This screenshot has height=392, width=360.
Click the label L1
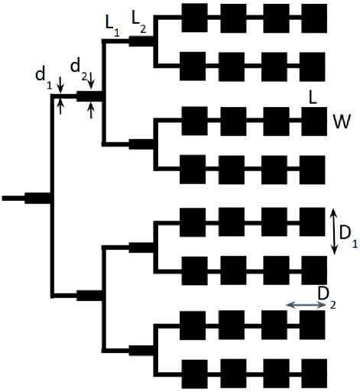point(112,27)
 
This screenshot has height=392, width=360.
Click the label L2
point(139,22)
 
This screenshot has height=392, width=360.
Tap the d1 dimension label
point(44,78)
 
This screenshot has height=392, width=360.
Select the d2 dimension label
point(79,70)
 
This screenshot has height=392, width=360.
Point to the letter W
point(342,121)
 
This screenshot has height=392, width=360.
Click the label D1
point(349,236)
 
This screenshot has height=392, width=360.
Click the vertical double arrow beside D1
point(335,232)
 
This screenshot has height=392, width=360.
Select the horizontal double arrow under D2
point(305,305)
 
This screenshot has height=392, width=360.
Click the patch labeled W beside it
point(314,121)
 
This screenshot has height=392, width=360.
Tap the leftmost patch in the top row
point(195,18)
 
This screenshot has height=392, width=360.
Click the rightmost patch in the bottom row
point(314,374)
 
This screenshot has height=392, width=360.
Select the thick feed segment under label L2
point(141,41)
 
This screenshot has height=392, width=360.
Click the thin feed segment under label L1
point(116,41)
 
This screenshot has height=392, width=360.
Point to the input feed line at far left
point(14,198)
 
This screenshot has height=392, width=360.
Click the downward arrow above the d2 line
point(92,81)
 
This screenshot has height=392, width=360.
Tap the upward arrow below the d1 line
point(60,107)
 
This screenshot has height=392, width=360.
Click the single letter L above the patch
point(313,98)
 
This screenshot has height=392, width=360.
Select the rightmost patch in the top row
point(314,18)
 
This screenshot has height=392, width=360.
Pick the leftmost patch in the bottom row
point(195,374)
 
